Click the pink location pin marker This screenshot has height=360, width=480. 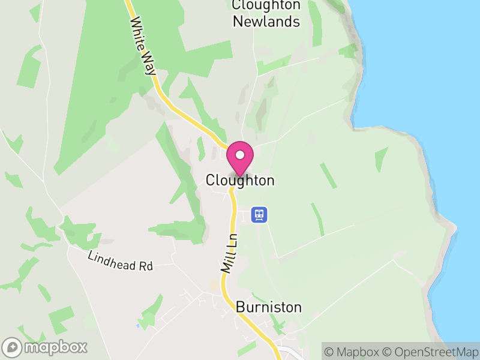(240, 158)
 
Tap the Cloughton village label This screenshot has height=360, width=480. (240, 180)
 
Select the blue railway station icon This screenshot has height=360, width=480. (259, 214)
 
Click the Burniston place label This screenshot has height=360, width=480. (269, 307)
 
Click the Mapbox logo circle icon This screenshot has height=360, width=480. (13, 347)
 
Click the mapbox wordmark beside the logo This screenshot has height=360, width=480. (56, 347)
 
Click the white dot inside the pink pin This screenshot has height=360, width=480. (240, 155)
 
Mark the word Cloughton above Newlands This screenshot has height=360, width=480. (266, 5)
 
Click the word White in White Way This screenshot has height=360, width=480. (138, 33)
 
